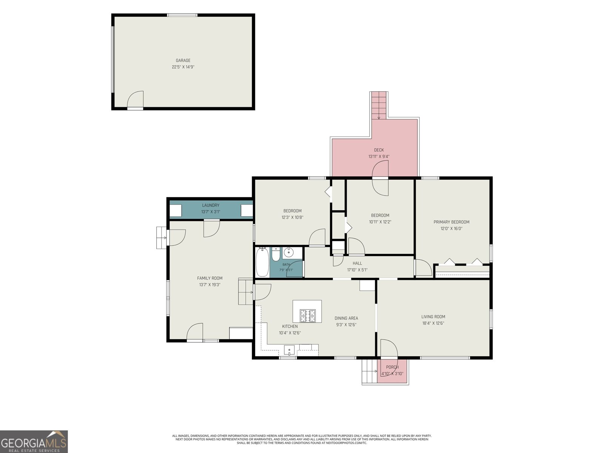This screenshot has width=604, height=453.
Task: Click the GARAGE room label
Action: [x=183, y=60]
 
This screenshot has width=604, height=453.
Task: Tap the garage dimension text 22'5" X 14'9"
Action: [x=183, y=67]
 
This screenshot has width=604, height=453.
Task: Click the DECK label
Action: [x=379, y=150]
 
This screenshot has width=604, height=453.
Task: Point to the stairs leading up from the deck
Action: [x=379, y=105]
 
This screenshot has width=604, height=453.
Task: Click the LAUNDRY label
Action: [x=211, y=205]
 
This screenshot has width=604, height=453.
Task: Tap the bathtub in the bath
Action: [x=262, y=262]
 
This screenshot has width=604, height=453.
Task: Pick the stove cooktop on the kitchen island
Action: [x=308, y=316]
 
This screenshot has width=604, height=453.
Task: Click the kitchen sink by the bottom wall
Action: [x=289, y=350]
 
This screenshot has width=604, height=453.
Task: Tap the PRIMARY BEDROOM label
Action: [x=451, y=222]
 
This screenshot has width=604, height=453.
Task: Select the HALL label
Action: [x=357, y=263]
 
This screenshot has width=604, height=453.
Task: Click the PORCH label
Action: [x=392, y=367]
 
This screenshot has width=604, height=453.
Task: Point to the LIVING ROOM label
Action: [x=433, y=317]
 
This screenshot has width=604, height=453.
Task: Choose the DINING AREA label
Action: [x=346, y=318]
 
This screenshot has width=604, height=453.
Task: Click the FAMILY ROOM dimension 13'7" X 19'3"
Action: [x=210, y=285]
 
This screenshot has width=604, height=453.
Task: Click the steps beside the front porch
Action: [x=369, y=371]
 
